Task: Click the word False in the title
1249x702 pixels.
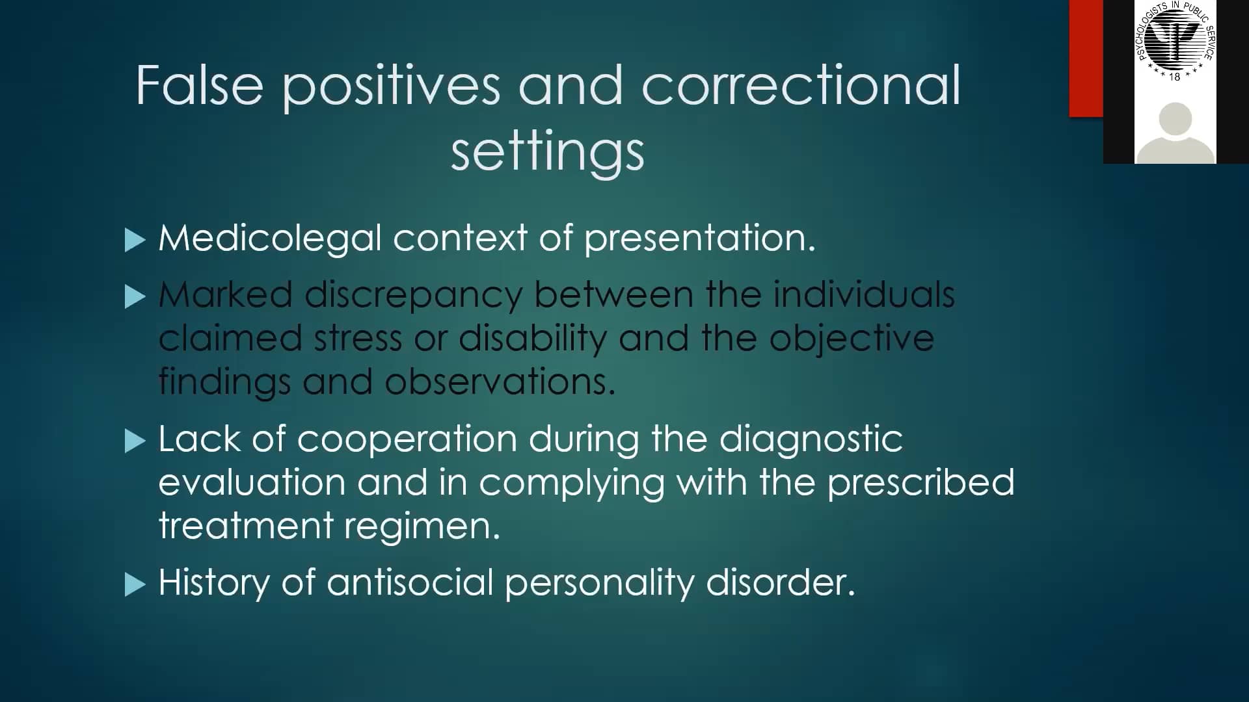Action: (x=199, y=85)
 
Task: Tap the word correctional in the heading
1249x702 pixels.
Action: (x=801, y=85)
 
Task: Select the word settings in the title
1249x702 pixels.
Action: (x=547, y=152)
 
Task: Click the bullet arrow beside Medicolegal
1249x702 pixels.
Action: (x=135, y=240)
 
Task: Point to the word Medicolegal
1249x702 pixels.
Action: (x=269, y=238)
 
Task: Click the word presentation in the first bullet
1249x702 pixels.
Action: (x=699, y=238)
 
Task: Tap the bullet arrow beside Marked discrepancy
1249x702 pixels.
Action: (x=135, y=297)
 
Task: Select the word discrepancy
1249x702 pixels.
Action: (x=413, y=296)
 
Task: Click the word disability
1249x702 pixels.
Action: (x=532, y=339)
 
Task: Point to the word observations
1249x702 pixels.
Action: (x=499, y=382)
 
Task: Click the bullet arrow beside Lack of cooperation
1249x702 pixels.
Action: (x=135, y=441)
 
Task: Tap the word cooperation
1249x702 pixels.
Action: (x=407, y=440)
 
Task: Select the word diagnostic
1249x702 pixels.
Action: (x=811, y=440)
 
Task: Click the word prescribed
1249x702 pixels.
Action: (x=920, y=483)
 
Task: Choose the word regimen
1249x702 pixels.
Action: (x=422, y=526)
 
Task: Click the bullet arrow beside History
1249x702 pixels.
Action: (x=135, y=584)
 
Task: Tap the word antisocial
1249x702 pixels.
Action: (x=410, y=582)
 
